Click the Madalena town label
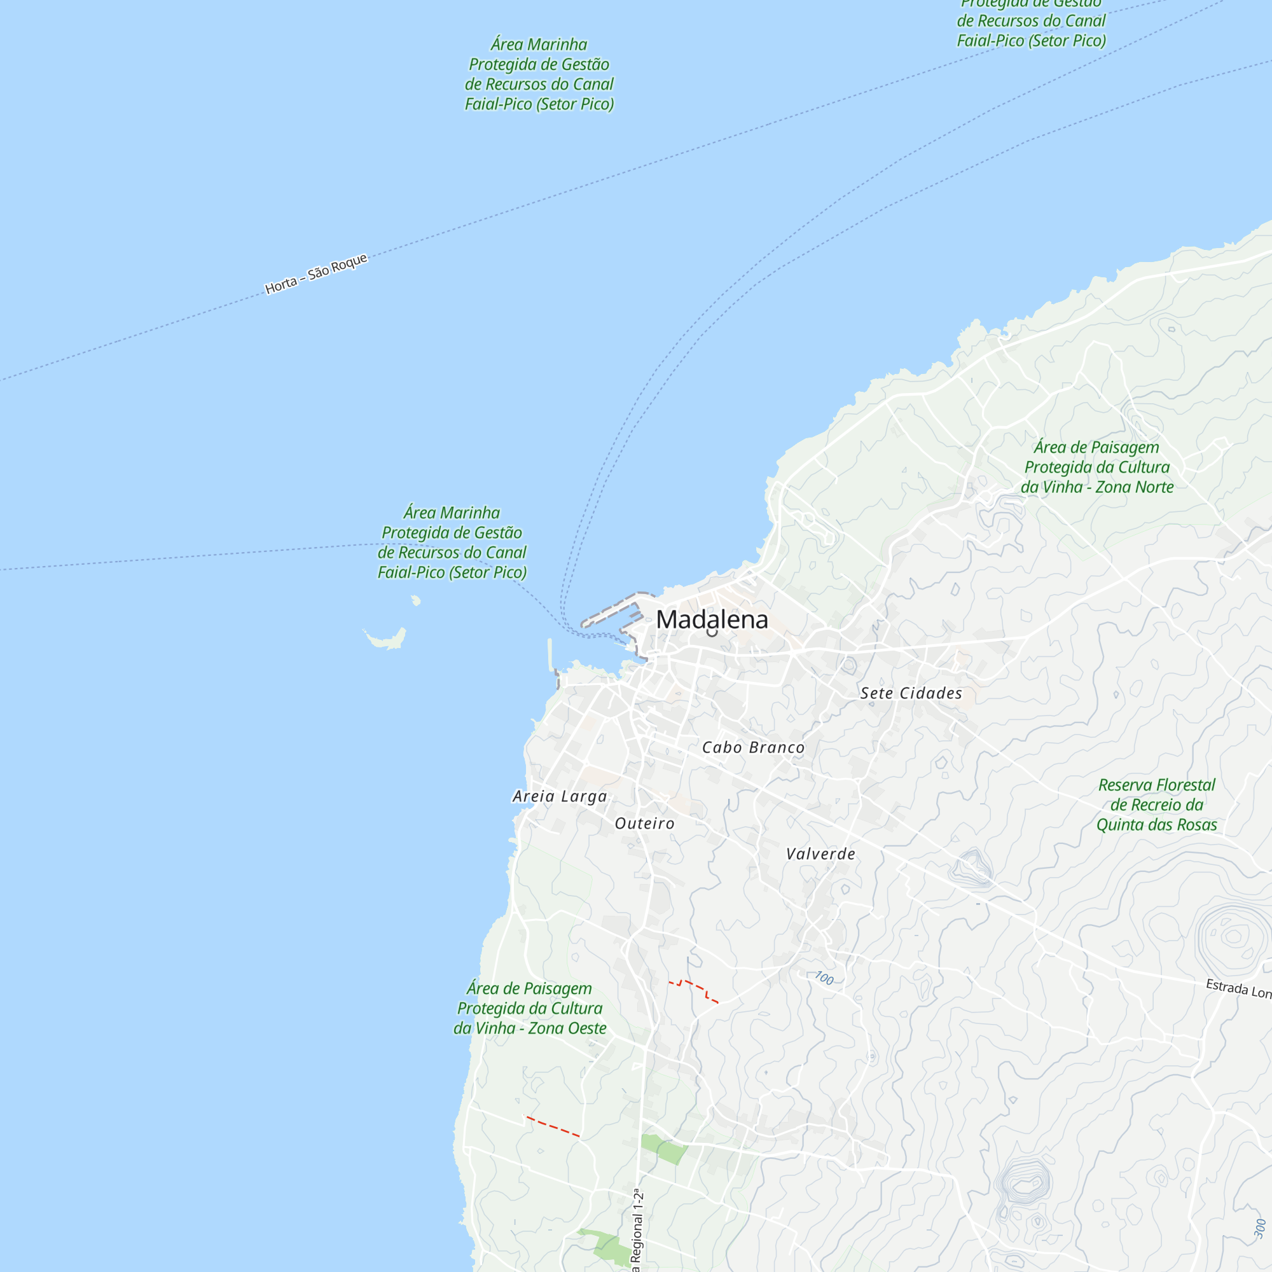712,619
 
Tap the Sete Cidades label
911,693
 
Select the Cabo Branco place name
752,747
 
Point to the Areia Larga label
560,796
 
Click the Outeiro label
644,823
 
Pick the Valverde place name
820,854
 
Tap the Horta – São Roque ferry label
316,273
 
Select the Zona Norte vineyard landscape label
1097,467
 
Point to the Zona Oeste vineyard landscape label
529,1008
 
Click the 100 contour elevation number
824,978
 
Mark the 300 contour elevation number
1259,1228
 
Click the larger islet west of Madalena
387,638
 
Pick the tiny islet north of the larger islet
415,600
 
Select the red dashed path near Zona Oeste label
553,1126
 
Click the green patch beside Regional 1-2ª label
663,1149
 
